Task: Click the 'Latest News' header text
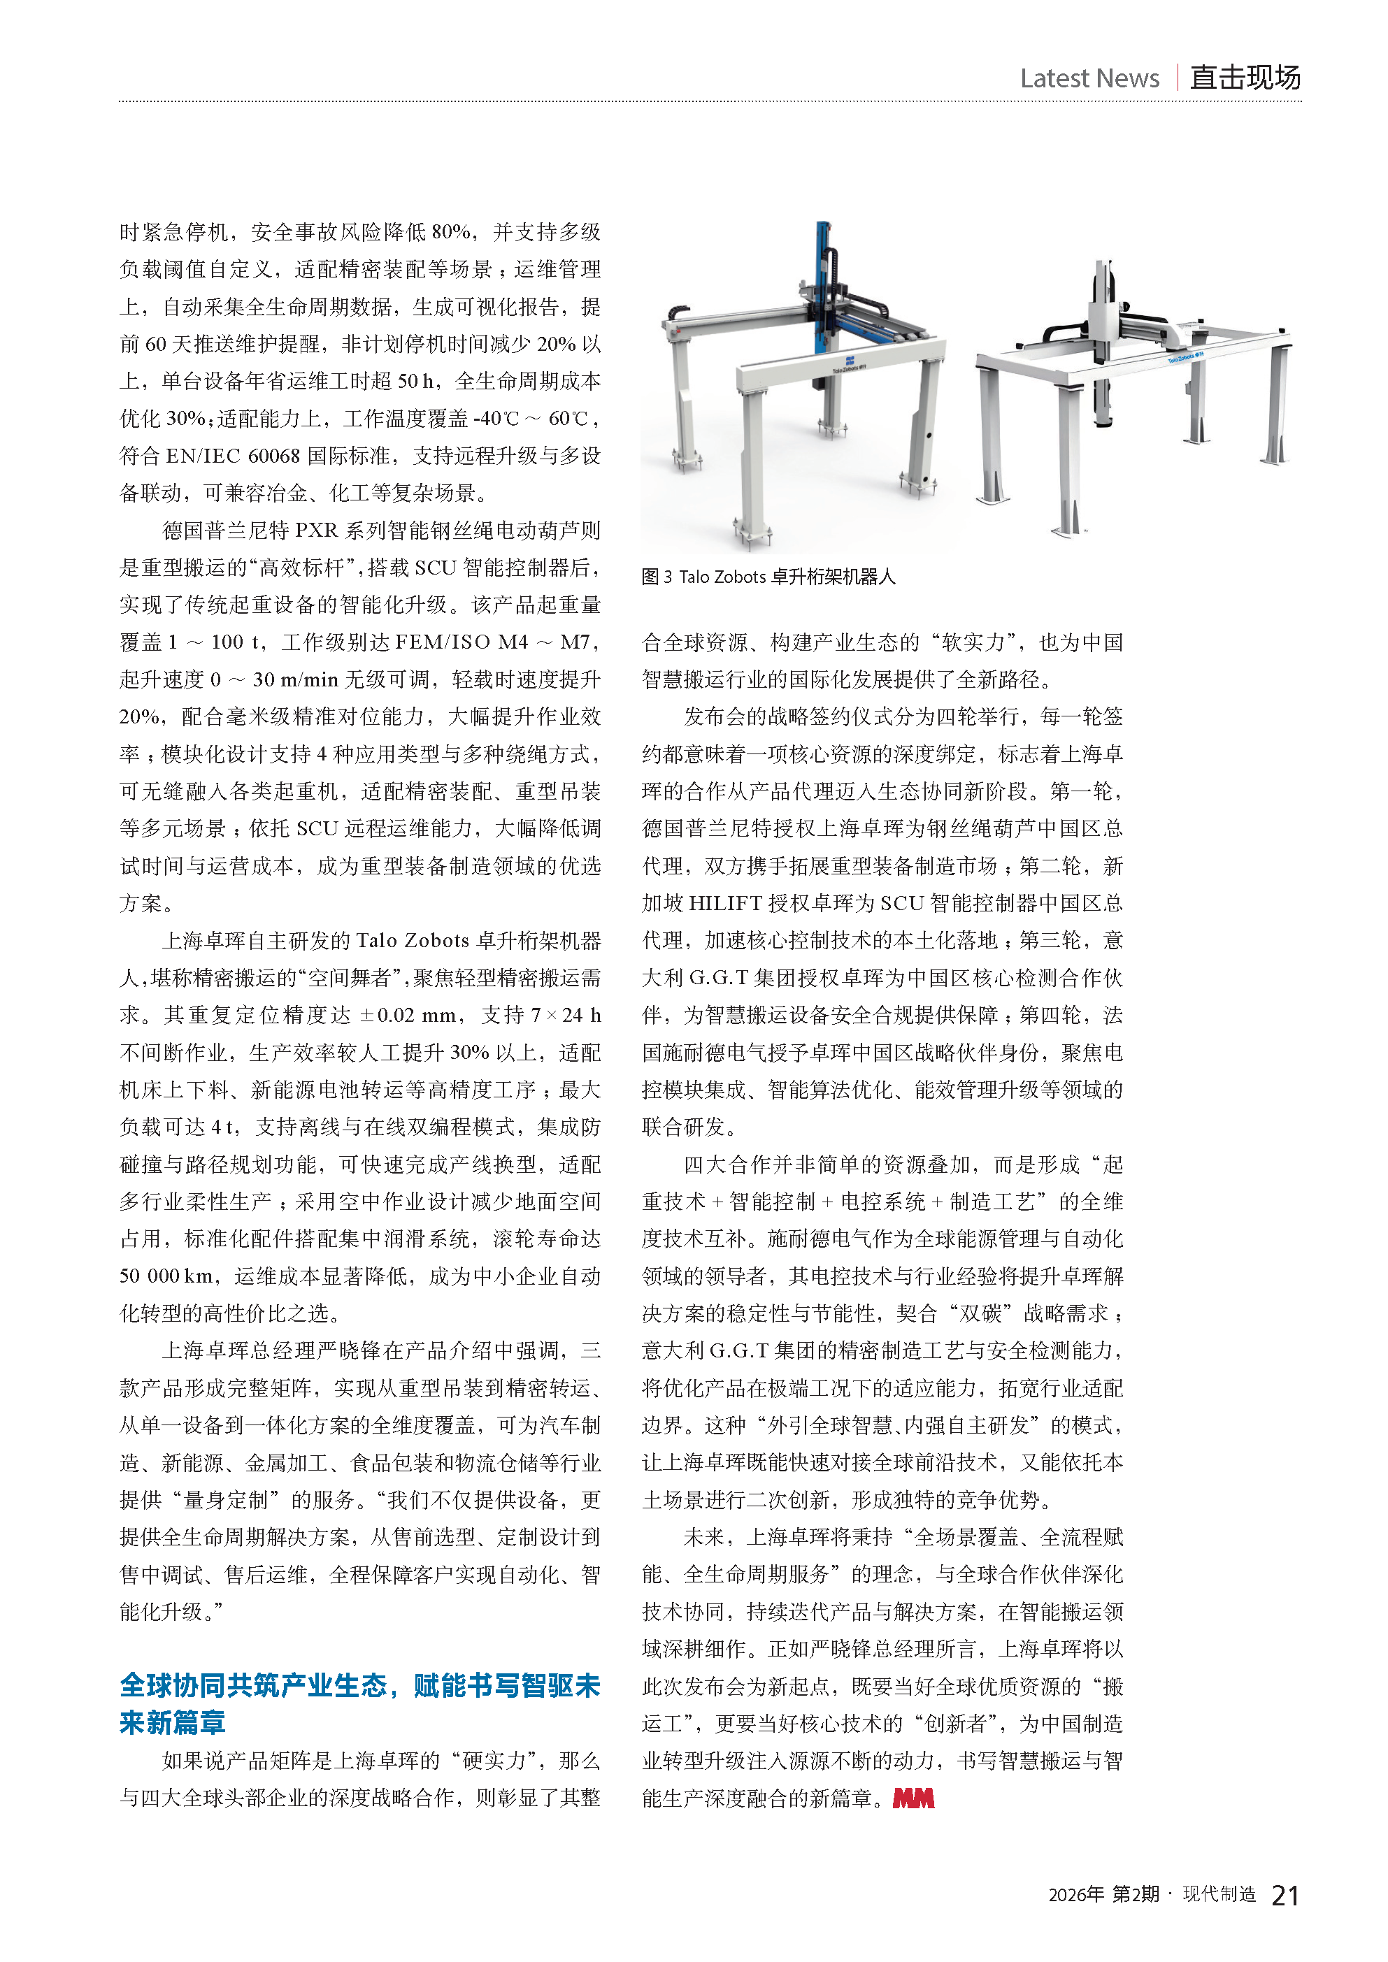1089,78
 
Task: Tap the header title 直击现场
1245,78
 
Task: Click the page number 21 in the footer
1285,1896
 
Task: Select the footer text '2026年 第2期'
1103,1894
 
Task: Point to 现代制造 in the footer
1219,1894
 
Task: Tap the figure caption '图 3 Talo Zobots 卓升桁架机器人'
768,577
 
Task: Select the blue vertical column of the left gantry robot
822,282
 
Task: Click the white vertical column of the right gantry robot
1103,342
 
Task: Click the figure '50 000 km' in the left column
166,1276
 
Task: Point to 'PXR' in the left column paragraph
316,531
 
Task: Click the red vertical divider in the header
1178,78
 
